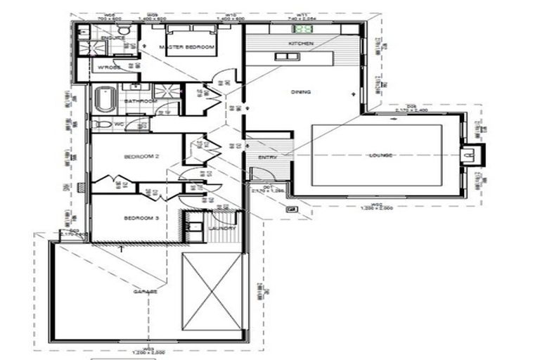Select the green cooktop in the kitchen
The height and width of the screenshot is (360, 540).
pos(304,30)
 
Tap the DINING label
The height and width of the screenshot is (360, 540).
pos(301,92)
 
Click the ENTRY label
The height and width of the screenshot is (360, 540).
pos(267,157)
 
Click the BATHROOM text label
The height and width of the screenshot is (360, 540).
pos(140,101)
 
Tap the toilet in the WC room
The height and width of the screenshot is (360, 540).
pos(103,124)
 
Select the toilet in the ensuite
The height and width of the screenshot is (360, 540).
pos(123,30)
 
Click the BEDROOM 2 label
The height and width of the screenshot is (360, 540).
pos(139,156)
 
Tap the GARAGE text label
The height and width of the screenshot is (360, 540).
pos(147,290)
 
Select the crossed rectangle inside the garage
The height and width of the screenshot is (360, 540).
pos(212,291)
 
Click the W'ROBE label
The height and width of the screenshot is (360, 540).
pos(110,67)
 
